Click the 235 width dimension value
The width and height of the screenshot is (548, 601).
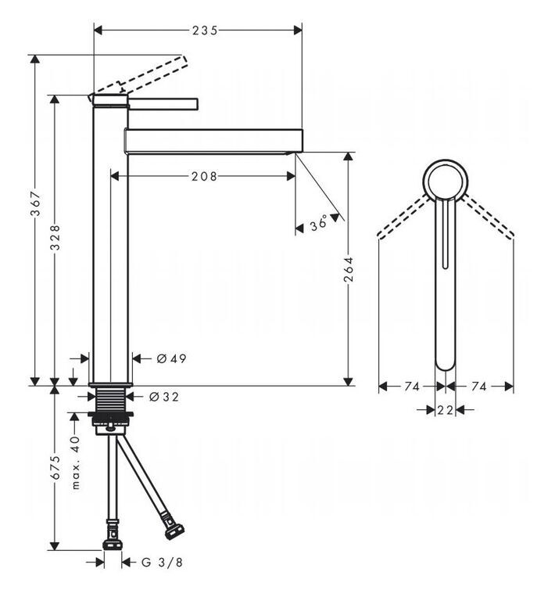205,30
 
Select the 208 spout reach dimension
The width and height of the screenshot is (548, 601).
204,176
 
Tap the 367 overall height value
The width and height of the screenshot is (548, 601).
35,203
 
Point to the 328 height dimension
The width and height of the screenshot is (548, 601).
56,238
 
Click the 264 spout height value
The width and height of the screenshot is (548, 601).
349,269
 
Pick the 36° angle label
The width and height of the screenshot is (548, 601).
319,223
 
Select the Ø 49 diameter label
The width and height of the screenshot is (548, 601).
171,358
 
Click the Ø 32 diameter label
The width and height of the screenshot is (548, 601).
164,397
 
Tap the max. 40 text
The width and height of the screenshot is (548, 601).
76,462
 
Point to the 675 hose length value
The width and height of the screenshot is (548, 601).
56,467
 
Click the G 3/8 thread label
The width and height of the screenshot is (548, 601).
162,563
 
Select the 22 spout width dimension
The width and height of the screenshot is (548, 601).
446,410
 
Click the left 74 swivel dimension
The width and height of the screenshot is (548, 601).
412,387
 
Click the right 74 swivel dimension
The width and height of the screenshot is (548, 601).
478,387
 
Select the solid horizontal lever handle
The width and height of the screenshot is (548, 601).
163,104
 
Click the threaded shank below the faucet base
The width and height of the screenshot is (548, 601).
111,399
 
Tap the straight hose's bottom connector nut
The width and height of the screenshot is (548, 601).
113,545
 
